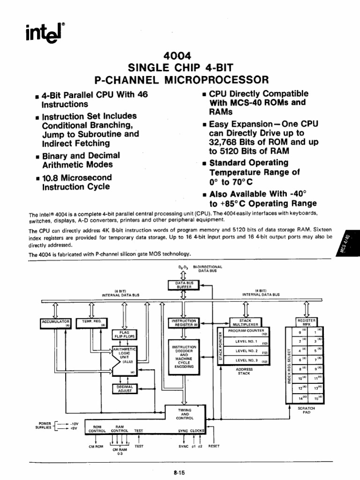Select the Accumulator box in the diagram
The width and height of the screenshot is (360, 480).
55,322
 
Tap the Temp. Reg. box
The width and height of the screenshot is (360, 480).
92,322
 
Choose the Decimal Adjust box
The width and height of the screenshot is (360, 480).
122,389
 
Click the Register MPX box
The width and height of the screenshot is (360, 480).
307,322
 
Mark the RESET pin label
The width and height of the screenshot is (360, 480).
214,446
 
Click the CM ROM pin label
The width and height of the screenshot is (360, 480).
96,447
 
